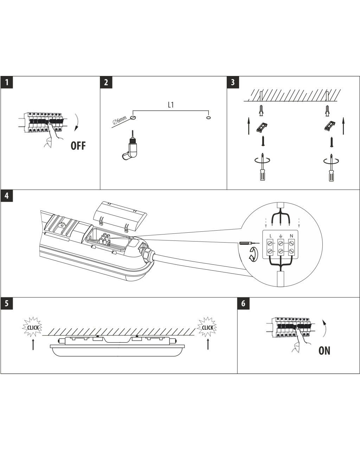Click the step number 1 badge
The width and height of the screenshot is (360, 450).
tap(7, 83)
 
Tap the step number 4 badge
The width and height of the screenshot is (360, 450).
tap(7, 196)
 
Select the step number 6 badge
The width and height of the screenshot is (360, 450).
tap(243, 304)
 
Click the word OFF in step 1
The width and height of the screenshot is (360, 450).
tap(78, 146)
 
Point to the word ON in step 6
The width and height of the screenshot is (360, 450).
tap(324, 351)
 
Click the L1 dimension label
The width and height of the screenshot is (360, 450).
tap(171, 105)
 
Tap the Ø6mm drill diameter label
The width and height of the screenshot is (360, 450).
tap(120, 121)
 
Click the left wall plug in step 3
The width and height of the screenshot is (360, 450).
tap(261, 110)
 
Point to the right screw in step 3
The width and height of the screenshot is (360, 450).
tap(331, 141)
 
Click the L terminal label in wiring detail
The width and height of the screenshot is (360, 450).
tap(270, 235)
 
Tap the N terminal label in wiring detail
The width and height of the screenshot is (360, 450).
tap(291, 235)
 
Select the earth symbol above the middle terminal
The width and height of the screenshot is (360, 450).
tap(281, 235)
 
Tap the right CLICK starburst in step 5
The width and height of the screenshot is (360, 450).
tap(207, 327)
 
